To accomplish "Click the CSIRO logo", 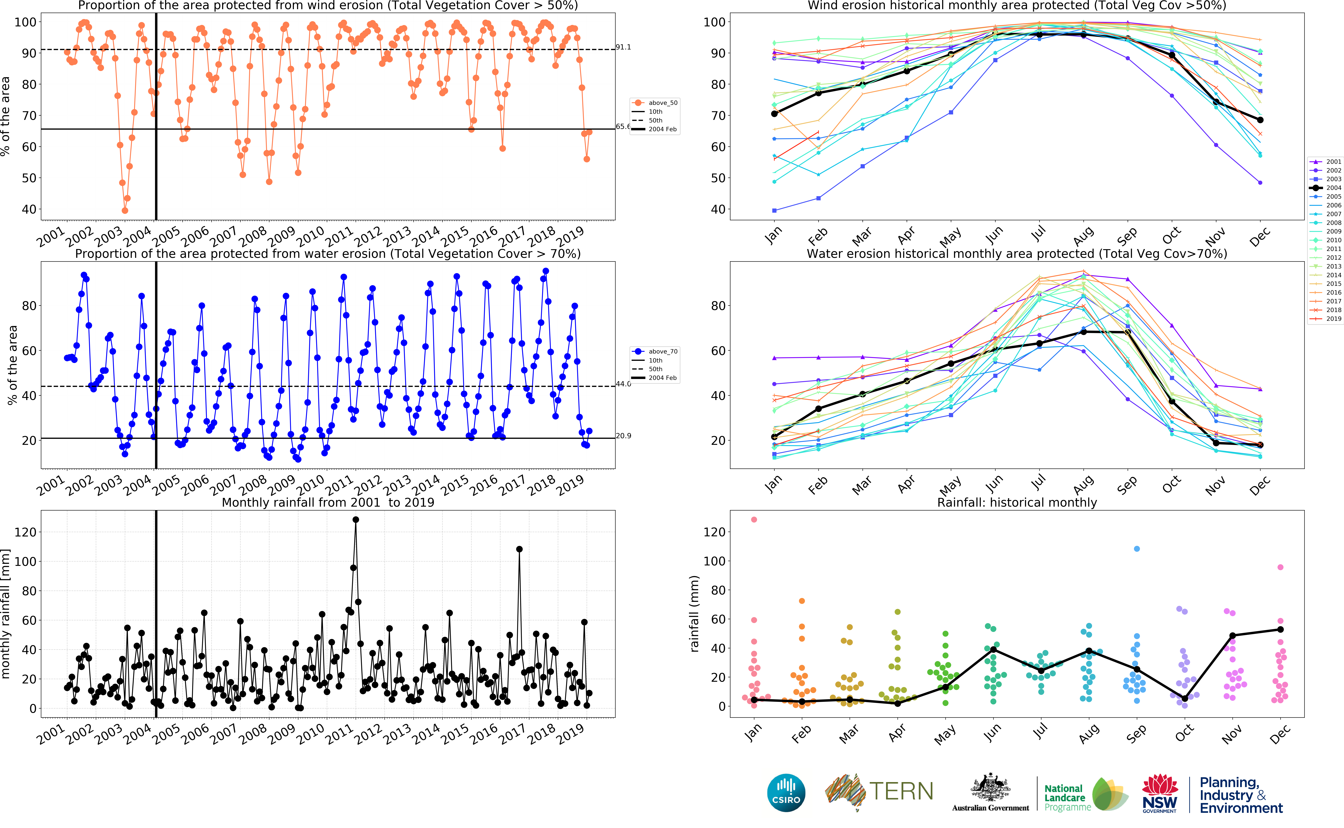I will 786,792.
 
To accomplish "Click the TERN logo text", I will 900,791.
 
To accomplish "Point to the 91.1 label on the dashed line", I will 623,47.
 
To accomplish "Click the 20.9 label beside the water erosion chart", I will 623,436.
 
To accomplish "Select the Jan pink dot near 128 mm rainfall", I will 754,520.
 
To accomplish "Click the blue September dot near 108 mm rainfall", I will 1137,549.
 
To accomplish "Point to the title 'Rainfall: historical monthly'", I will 1017,503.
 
